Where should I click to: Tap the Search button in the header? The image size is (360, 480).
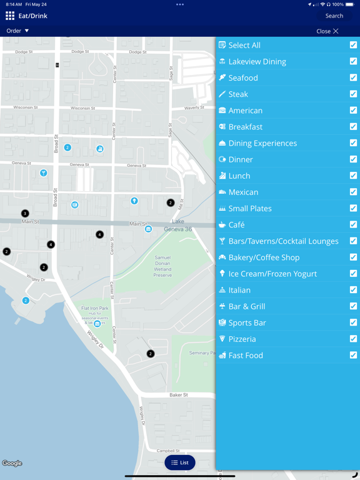(x=334, y=16)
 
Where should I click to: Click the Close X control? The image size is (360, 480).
(x=328, y=31)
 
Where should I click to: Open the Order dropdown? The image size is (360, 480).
(x=17, y=31)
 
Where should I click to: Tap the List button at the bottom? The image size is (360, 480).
(x=180, y=462)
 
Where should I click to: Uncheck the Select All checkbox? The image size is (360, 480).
(x=353, y=45)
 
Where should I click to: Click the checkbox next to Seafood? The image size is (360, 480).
(x=353, y=77)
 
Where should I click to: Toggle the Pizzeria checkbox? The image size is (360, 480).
(x=353, y=339)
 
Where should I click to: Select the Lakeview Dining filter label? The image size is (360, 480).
(x=257, y=61)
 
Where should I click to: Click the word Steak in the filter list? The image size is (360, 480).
(x=238, y=94)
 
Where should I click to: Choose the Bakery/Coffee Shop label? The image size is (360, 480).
(x=264, y=257)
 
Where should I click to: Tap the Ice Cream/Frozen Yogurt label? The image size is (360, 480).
(x=272, y=273)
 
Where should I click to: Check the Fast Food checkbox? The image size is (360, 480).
(x=353, y=355)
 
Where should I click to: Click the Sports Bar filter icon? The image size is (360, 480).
(x=222, y=322)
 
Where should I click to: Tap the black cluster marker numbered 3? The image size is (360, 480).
(x=25, y=214)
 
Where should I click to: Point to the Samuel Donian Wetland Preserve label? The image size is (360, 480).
(x=162, y=266)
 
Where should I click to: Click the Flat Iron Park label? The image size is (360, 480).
(x=95, y=308)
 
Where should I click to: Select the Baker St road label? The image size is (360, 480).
(x=179, y=395)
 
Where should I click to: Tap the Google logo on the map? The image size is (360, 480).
(x=12, y=463)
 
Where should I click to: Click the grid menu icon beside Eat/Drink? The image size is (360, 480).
(x=10, y=16)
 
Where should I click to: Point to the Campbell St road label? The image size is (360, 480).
(x=168, y=451)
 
